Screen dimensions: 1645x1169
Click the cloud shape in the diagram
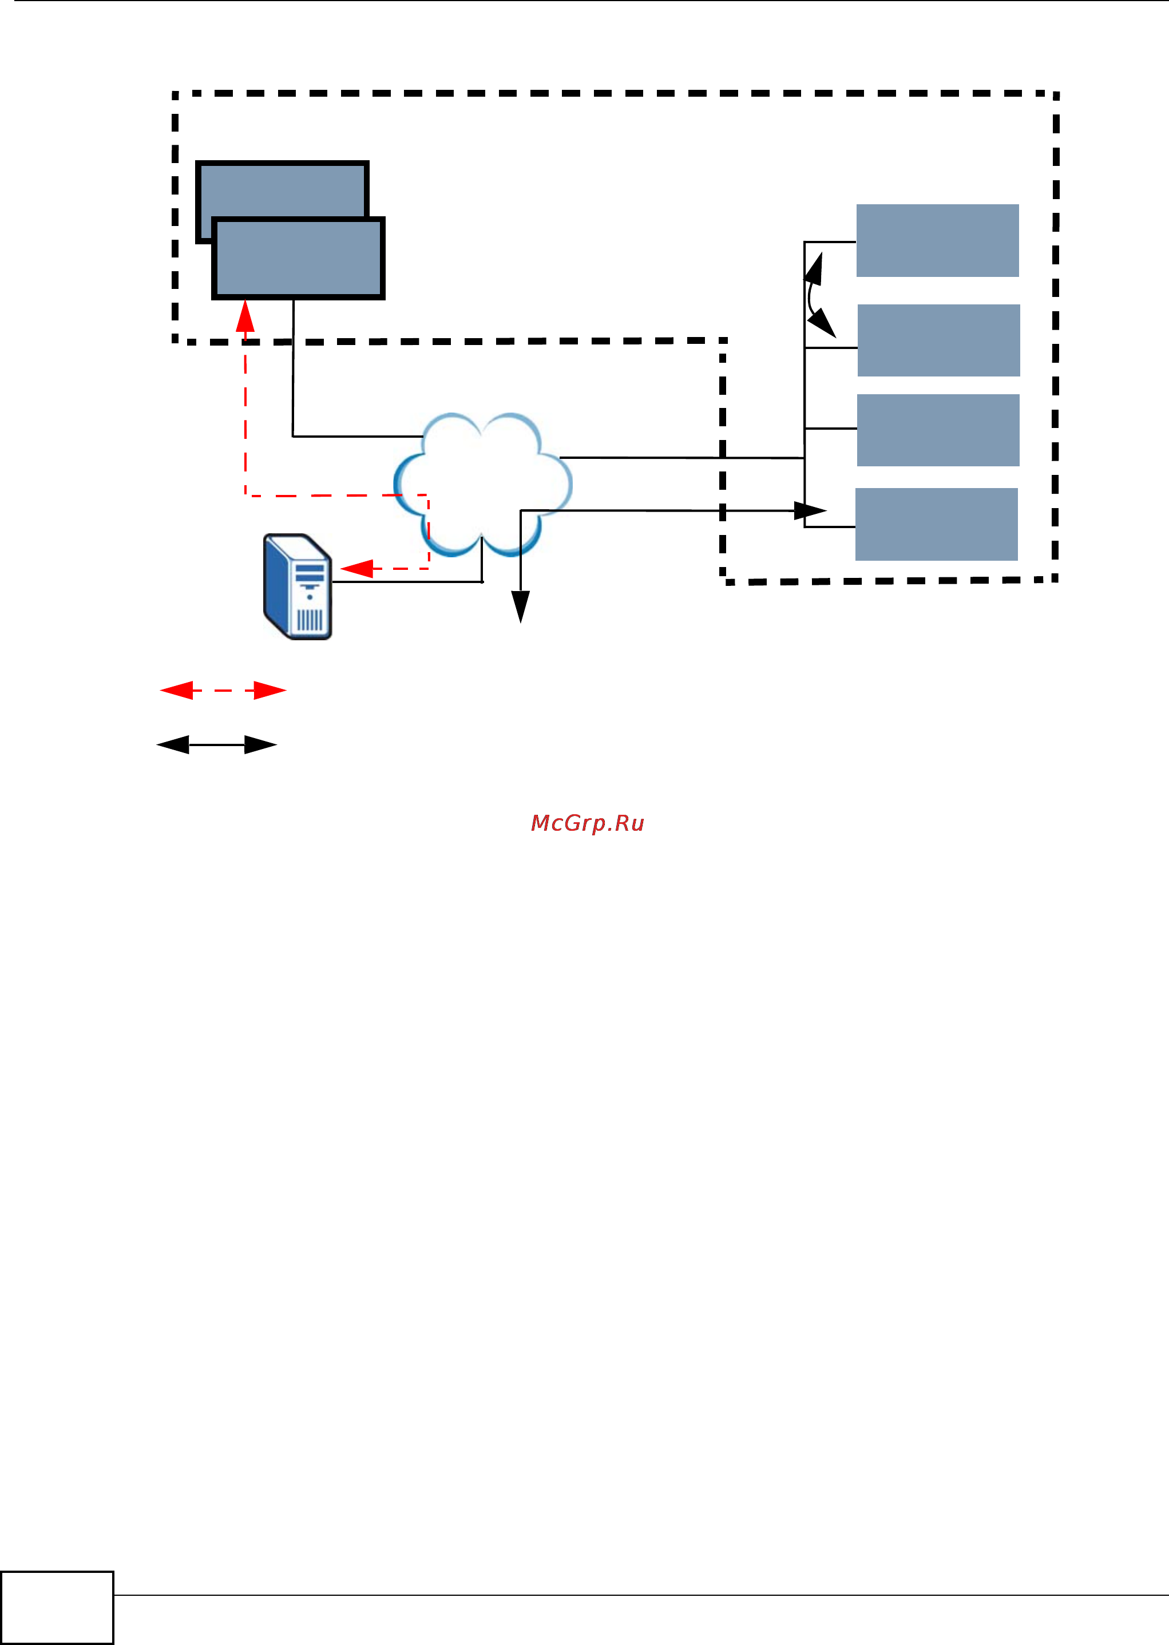[482, 482]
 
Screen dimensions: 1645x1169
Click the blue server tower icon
[298, 586]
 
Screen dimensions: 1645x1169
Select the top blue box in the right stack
[937, 240]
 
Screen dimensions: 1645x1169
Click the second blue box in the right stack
[938, 340]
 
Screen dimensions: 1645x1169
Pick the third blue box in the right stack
[938, 430]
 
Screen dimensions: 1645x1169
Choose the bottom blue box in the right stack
[936, 524]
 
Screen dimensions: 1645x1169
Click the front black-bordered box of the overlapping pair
[299, 258]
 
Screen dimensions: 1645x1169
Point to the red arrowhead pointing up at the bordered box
[245, 316]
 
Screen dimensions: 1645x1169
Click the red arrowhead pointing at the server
[356, 569]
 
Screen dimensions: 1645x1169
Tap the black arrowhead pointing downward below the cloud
[521, 606]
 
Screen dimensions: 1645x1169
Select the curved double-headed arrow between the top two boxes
[817, 295]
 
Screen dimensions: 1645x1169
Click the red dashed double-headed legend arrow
[223, 690]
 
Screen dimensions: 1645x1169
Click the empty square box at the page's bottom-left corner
[57, 1607]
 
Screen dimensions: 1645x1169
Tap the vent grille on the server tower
[310, 620]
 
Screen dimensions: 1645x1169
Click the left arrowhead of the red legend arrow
[176, 690]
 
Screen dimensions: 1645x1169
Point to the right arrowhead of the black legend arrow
[260, 745]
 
